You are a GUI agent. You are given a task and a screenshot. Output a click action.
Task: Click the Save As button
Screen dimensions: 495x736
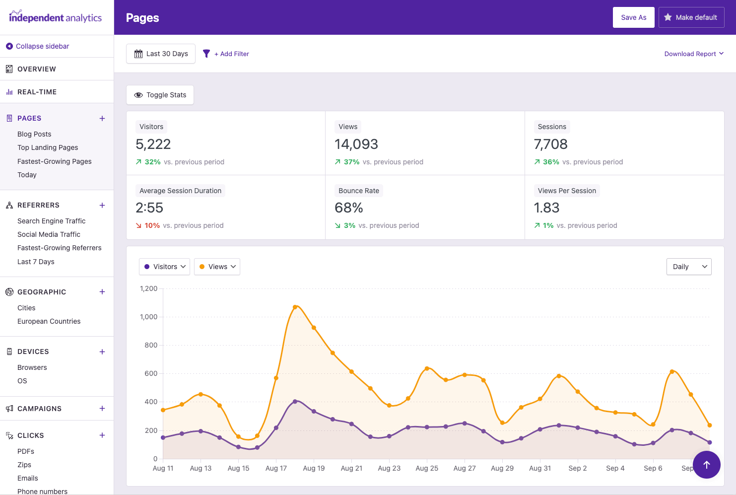coord(633,17)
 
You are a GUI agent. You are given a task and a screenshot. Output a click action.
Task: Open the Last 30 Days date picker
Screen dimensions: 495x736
coord(161,54)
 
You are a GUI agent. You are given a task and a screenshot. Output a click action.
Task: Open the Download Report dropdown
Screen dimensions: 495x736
coord(693,54)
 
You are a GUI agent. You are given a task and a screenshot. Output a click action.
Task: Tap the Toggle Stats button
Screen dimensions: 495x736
coord(160,95)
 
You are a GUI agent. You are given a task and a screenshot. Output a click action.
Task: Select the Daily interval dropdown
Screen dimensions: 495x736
coord(688,267)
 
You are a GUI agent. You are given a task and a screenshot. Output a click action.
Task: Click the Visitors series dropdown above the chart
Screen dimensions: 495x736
coord(164,267)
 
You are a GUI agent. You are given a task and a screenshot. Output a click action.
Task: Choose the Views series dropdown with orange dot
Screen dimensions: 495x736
coord(217,267)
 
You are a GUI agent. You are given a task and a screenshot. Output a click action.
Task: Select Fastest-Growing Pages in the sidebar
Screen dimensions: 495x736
coord(55,161)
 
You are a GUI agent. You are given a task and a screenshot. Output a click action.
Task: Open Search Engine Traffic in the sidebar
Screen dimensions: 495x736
coord(52,221)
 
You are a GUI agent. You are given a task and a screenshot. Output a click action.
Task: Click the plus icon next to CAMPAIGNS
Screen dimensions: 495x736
coord(102,409)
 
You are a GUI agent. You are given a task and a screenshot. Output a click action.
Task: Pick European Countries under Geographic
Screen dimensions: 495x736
coord(49,321)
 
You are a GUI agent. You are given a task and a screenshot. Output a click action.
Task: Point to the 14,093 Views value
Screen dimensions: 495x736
coord(356,144)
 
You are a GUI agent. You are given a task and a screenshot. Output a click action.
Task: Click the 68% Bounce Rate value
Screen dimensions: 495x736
coord(349,208)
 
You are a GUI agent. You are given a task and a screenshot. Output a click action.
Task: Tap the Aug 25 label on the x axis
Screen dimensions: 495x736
coord(427,468)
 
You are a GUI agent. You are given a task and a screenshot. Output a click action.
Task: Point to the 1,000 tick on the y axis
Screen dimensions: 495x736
coord(149,317)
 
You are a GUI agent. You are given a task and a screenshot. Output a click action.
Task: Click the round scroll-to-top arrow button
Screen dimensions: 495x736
coord(706,465)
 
